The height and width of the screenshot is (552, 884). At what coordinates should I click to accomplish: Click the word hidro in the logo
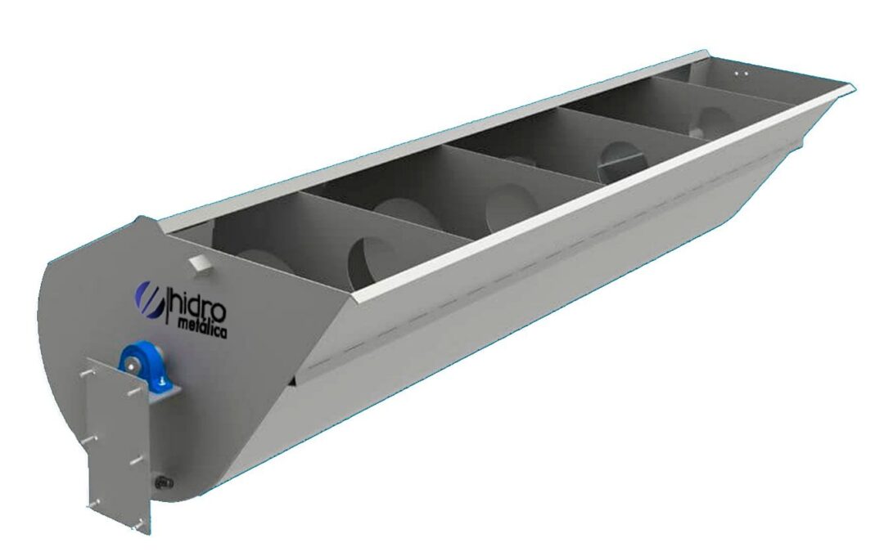[198, 306]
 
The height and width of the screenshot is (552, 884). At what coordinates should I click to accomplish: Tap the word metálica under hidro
[202, 328]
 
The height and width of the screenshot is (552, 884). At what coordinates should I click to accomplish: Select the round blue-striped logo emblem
[150, 299]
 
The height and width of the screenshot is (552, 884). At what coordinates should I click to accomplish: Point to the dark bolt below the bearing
[164, 482]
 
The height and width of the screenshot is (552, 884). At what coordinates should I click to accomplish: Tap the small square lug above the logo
[201, 263]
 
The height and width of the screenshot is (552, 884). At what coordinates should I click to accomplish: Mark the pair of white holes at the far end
[741, 74]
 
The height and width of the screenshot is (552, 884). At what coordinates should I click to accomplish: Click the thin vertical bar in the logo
[166, 305]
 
